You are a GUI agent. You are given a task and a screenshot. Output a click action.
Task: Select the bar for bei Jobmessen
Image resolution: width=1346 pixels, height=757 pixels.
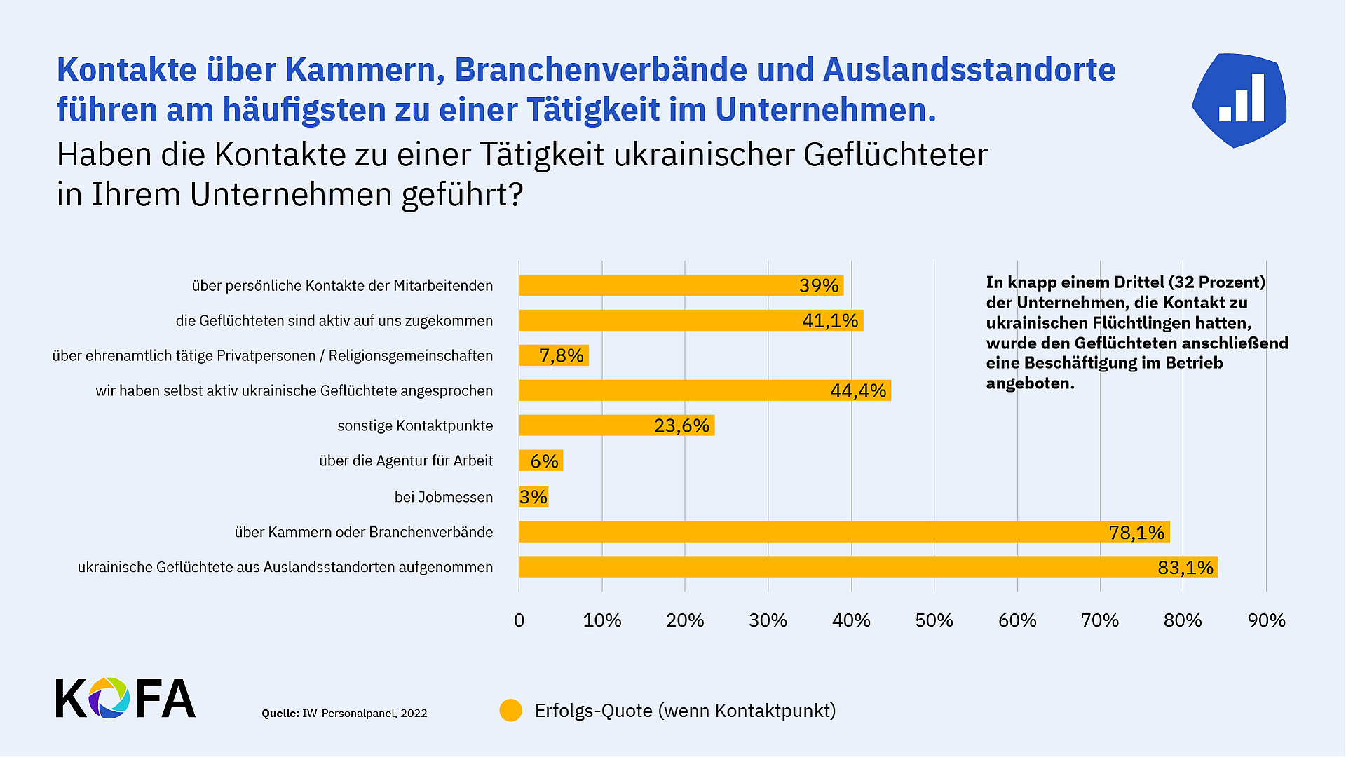[x=533, y=496]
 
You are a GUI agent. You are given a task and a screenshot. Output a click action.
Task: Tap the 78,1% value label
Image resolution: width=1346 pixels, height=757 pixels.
[x=1136, y=533]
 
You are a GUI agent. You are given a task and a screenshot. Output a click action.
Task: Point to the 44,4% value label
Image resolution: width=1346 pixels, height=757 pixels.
[x=858, y=390]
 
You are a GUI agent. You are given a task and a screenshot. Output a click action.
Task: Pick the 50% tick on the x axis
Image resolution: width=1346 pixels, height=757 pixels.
[x=934, y=620]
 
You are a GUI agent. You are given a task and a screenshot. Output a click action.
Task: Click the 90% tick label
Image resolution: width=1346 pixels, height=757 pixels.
[x=1266, y=620]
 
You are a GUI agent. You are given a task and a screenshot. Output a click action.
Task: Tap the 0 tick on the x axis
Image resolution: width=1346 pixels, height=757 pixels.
[x=519, y=620]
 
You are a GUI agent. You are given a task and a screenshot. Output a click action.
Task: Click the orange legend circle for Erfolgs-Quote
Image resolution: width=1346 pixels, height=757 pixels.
[x=510, y=710]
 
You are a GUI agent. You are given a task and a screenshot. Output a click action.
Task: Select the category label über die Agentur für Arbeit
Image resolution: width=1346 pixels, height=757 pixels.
[x=406, y=461]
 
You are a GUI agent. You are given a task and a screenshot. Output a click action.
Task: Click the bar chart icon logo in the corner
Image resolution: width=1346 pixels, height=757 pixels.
[x=1239, y=100]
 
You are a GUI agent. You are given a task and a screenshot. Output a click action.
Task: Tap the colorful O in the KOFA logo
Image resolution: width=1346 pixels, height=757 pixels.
[x=108, y=698]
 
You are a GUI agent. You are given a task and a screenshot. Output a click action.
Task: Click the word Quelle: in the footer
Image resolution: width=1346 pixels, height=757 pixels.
[x=280, y=714]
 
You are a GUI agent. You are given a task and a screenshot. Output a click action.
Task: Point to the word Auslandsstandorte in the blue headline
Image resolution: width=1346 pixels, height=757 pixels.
[x=968, y=69]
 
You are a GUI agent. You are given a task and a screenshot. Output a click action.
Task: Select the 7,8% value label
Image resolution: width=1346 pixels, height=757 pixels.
[x=561, y=356]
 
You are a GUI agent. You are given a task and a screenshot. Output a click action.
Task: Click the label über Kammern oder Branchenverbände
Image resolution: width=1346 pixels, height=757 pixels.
[x=364, y=532]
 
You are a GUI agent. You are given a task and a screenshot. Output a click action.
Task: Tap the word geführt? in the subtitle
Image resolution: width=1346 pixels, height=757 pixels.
[x=462, y=195]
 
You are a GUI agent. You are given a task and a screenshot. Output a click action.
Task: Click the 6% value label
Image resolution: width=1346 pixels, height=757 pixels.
[x=544, y=461]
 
